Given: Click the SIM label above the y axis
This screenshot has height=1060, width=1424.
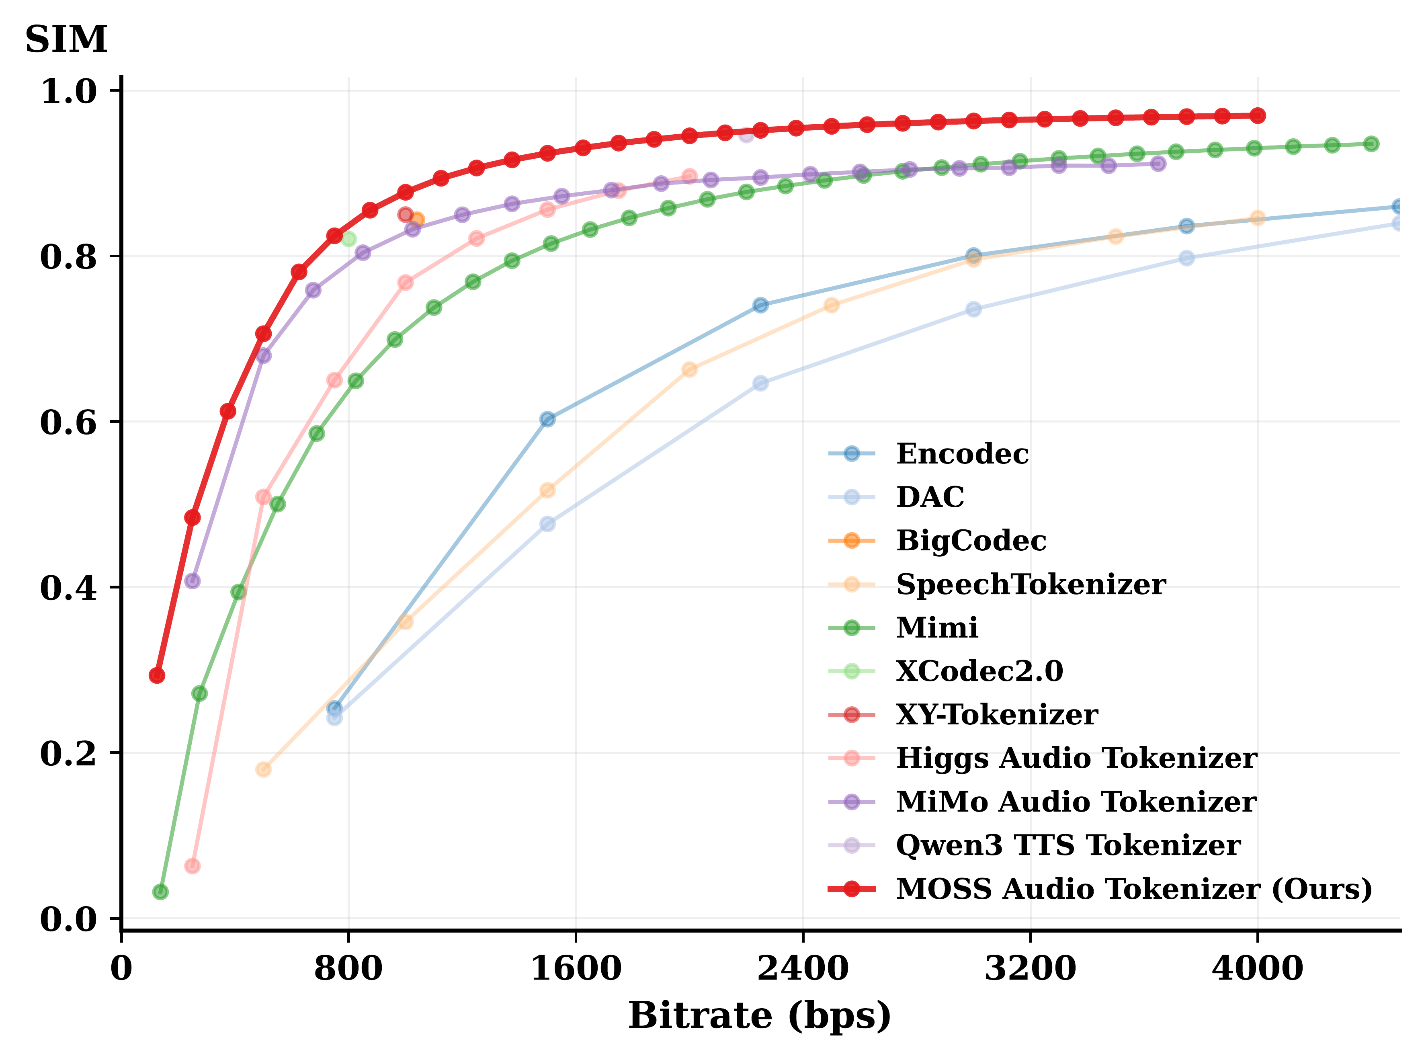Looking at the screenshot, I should click(x=66, y=40).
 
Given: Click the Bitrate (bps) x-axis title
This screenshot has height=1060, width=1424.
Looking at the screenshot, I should click(x=760, y=1016).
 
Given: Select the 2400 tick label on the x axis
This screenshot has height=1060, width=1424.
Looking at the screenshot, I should click(x=803, y=968).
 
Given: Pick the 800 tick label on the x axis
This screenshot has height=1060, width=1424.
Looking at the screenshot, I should click(x=348, y=968).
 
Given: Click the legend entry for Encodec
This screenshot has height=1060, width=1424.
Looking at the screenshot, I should click(x=962, y=454).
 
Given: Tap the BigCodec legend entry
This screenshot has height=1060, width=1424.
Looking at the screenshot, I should click(x=971, y=540).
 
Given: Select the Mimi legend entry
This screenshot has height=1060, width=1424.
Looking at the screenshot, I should click(x=937, y=627).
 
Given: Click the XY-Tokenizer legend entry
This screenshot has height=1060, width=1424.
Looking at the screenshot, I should click(x=997, y=714).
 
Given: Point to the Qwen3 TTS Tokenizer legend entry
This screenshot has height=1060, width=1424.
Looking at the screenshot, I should click(x=1068, y=845).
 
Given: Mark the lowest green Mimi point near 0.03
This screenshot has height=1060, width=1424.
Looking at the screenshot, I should click(x=160, y=892).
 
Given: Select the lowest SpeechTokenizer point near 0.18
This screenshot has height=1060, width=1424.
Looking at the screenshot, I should click(x=263, y=769).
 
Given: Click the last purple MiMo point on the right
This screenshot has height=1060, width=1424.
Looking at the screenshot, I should click(x=1158, y=164).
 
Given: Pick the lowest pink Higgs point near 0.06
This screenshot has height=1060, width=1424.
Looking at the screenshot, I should click(x=192, y=866).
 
